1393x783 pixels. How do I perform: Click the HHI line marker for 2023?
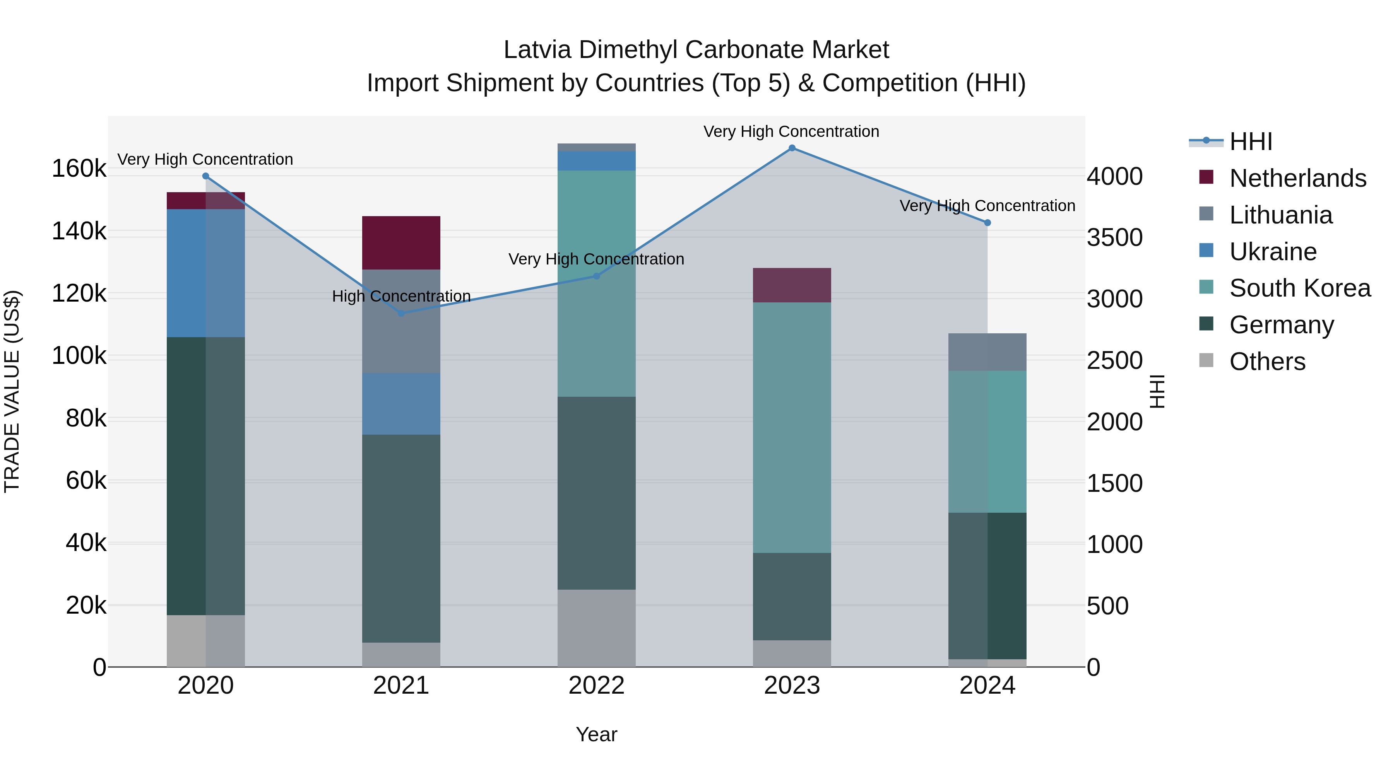(x=792, y=148)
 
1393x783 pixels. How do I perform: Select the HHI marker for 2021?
(x=401, y=313)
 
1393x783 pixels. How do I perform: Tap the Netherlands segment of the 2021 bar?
(x=401, y=242)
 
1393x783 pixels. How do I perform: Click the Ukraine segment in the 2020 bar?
(x=205, y=273)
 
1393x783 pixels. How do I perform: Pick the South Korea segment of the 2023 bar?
(x=792, y=427)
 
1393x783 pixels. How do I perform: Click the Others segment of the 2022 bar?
(x=596, y=628)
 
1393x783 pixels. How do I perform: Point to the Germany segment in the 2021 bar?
(x=401, y=538)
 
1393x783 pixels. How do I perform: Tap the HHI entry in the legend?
(x=1250, y=142)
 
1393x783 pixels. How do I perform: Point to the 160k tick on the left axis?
(x=79, y=169)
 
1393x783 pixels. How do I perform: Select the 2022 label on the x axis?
(x=596, y=686)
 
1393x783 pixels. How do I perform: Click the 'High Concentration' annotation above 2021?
(x=401, y=296)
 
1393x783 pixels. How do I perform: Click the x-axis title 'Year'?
(x=596, y=734)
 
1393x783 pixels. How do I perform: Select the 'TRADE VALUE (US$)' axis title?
(x=12, y=391)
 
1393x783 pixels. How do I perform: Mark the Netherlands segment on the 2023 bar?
(x=792, y=285)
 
